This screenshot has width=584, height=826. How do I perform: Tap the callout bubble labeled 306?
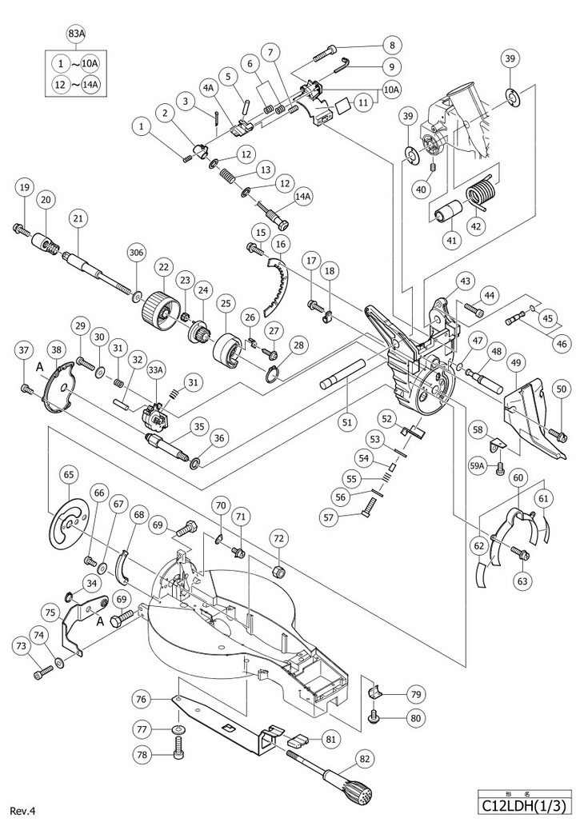[136, 253]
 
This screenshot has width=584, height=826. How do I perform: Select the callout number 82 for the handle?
[365, 759]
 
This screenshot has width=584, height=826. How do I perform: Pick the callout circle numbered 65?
[70, 474]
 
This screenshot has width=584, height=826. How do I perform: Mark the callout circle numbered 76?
[142, 700]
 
